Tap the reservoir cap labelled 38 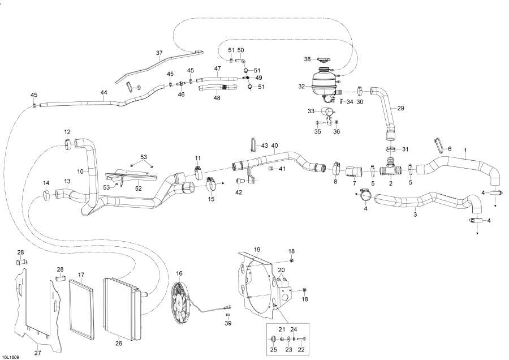pos(323,59)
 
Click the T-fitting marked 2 pos(390,167)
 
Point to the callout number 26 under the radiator pos(119,343)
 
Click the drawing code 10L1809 pos(10,357)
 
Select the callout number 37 pos(159,53)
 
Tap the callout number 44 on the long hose pos(103,93)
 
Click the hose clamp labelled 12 pos(67,144)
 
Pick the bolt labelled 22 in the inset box pos(301,340)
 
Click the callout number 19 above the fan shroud pos(257,250)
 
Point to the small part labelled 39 pos(228,315)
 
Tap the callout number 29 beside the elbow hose pos(401,108)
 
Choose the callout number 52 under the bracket pos(139,188)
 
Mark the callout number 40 pos(275,145)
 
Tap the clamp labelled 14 pos(46,195)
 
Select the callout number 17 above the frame pos(81,275)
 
